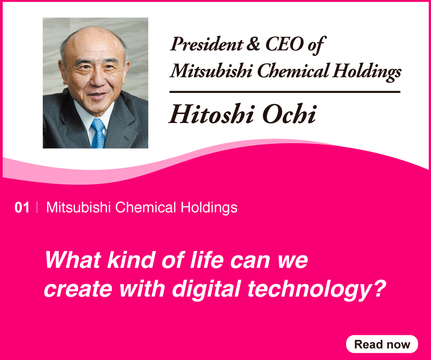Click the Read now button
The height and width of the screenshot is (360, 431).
382,344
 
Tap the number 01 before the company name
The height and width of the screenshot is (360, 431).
22,208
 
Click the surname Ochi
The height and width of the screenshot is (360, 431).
289,114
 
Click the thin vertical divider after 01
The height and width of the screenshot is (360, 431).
37,207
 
